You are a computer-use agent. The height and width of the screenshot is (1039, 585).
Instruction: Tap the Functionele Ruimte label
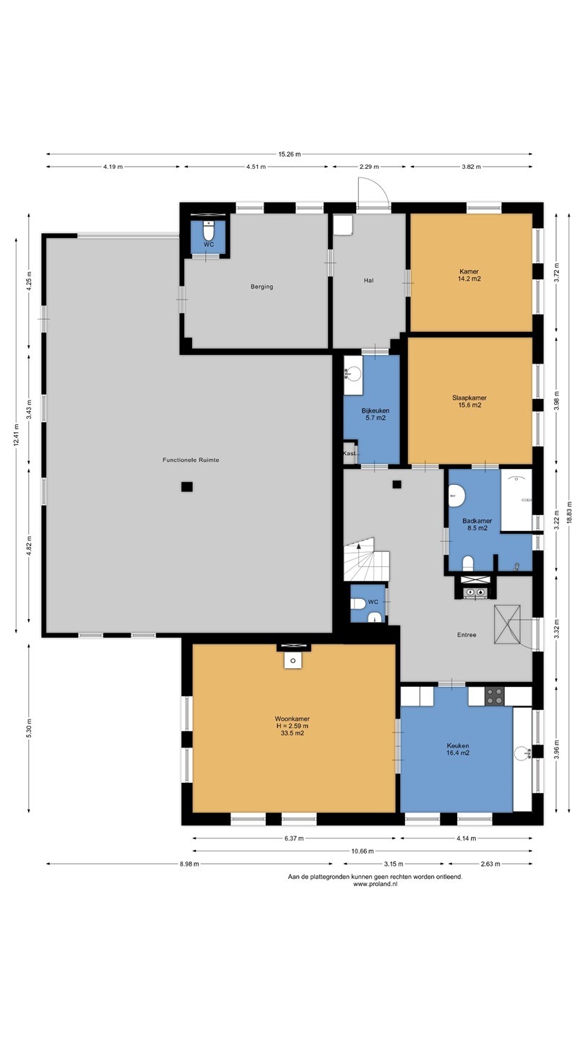click(191, 460)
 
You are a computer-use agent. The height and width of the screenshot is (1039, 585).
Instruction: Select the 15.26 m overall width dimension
click(290, 154)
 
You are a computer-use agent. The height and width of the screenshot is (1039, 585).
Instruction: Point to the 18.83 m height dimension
click(569, 512)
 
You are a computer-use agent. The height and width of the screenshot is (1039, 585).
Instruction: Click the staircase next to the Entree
click(366, 559)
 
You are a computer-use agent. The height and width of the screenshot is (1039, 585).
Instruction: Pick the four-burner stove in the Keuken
click(495, 696)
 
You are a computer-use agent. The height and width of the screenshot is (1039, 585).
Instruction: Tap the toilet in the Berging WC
click(209, 232)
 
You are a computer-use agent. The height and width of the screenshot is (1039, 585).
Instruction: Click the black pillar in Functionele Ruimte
click(187, 486)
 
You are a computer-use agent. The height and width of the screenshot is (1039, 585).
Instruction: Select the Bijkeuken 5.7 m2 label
click(376, 414)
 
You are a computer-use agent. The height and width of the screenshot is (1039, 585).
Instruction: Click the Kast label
click(350, 453)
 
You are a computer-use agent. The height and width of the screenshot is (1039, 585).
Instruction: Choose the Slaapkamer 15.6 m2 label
click(469, 401)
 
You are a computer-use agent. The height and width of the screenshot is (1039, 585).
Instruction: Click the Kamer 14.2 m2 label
click(469, 275)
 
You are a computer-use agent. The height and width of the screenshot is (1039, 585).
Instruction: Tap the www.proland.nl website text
click(375, 884)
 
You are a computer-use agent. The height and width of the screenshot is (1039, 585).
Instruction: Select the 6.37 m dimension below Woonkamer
click(295, 838)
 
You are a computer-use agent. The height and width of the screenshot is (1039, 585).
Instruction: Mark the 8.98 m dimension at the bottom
click(189, 864)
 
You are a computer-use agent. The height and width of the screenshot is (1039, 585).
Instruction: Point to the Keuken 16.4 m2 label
click(458, 749)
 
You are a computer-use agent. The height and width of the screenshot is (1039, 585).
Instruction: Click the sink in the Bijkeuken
click(354, 374)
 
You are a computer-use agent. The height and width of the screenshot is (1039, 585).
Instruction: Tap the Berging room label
click(262, 286)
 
